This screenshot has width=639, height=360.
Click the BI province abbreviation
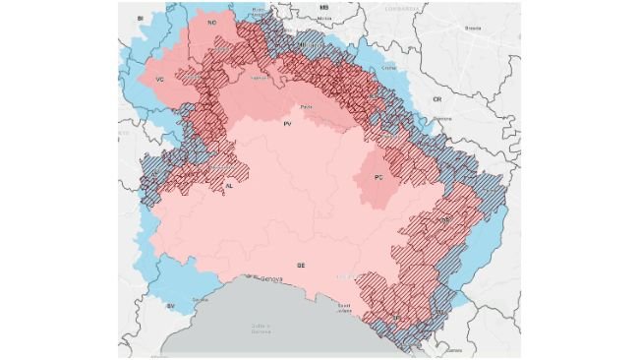point(141,18)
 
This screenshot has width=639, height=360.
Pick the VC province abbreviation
point(158,79)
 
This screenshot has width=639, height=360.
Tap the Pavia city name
point(306,106)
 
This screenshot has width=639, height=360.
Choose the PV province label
point(288,125)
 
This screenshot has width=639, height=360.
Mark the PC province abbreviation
point(378,177)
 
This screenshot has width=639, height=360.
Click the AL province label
point(229,185)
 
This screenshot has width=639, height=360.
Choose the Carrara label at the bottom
point(454,350)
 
